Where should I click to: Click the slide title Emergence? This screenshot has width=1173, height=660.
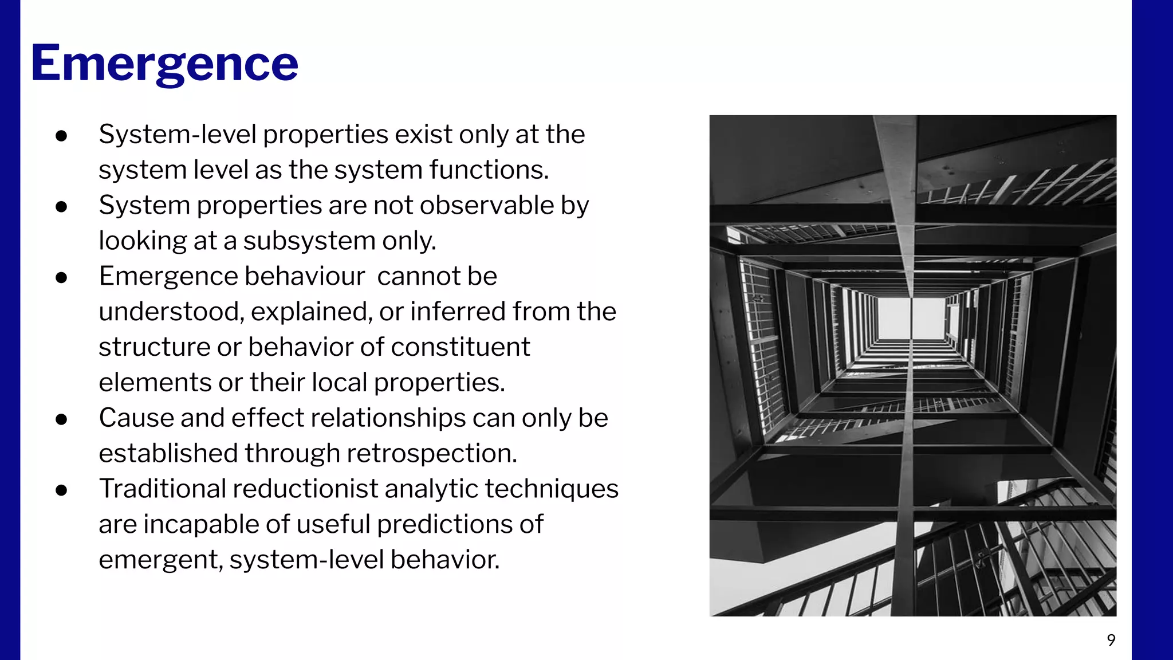164,63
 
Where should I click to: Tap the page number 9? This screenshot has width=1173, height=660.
1111,640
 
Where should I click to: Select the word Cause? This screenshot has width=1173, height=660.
136,418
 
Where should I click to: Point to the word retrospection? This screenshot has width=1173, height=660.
431,453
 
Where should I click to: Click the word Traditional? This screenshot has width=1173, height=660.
162,489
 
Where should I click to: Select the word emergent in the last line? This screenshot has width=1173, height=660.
160,560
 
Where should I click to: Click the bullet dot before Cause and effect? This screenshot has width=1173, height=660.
62,419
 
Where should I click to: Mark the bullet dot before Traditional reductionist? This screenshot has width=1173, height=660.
62,490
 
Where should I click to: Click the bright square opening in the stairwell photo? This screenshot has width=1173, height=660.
910,318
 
